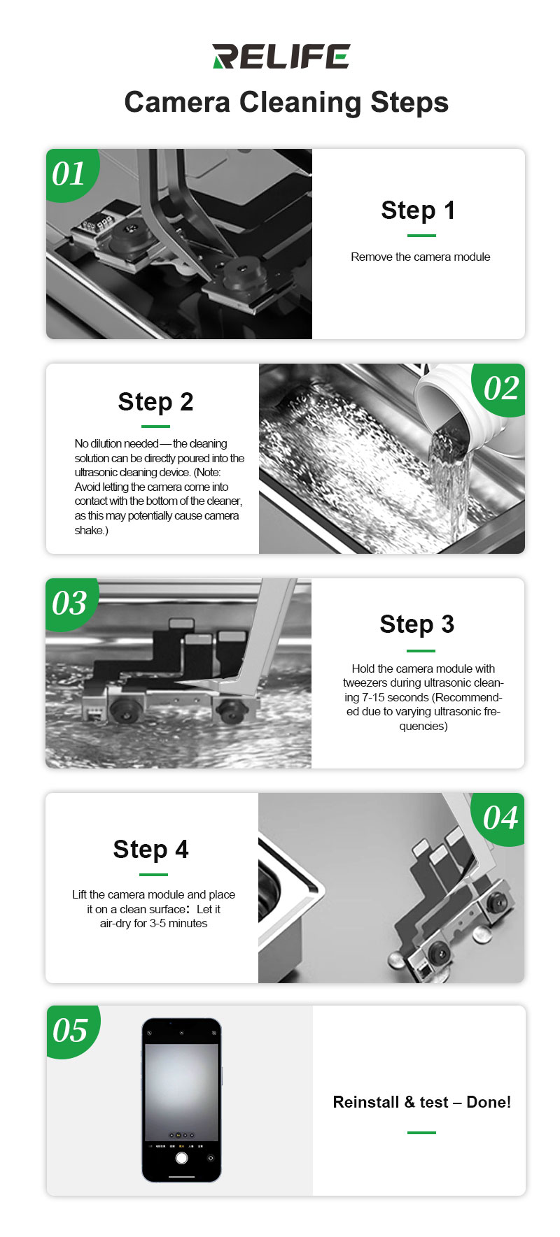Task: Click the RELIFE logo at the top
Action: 281,57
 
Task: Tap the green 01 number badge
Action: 71,174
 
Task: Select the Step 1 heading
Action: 418,210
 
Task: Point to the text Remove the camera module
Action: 421,257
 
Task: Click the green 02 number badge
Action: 499,389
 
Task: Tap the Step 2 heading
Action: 155,402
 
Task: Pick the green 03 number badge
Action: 71,603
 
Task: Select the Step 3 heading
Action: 417,624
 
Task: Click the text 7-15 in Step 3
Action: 375,697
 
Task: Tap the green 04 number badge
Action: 498,818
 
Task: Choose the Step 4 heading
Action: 150,849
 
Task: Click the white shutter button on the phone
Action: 181,1158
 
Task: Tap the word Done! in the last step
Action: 489,1102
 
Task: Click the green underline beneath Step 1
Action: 421,236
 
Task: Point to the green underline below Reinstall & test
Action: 421,1132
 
